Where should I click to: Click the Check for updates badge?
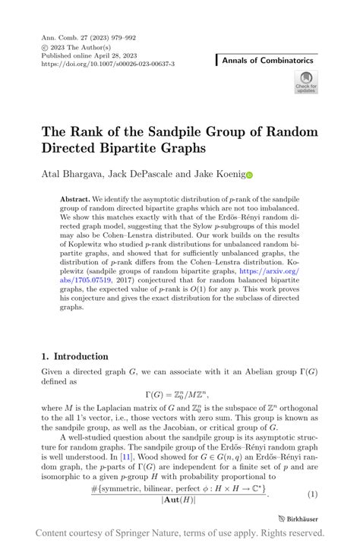(306, 82)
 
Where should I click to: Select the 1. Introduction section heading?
(75, 355)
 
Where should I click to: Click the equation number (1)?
(311, 494)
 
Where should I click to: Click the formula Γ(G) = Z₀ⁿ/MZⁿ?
(180, 393)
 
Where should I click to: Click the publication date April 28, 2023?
(115, 55)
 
